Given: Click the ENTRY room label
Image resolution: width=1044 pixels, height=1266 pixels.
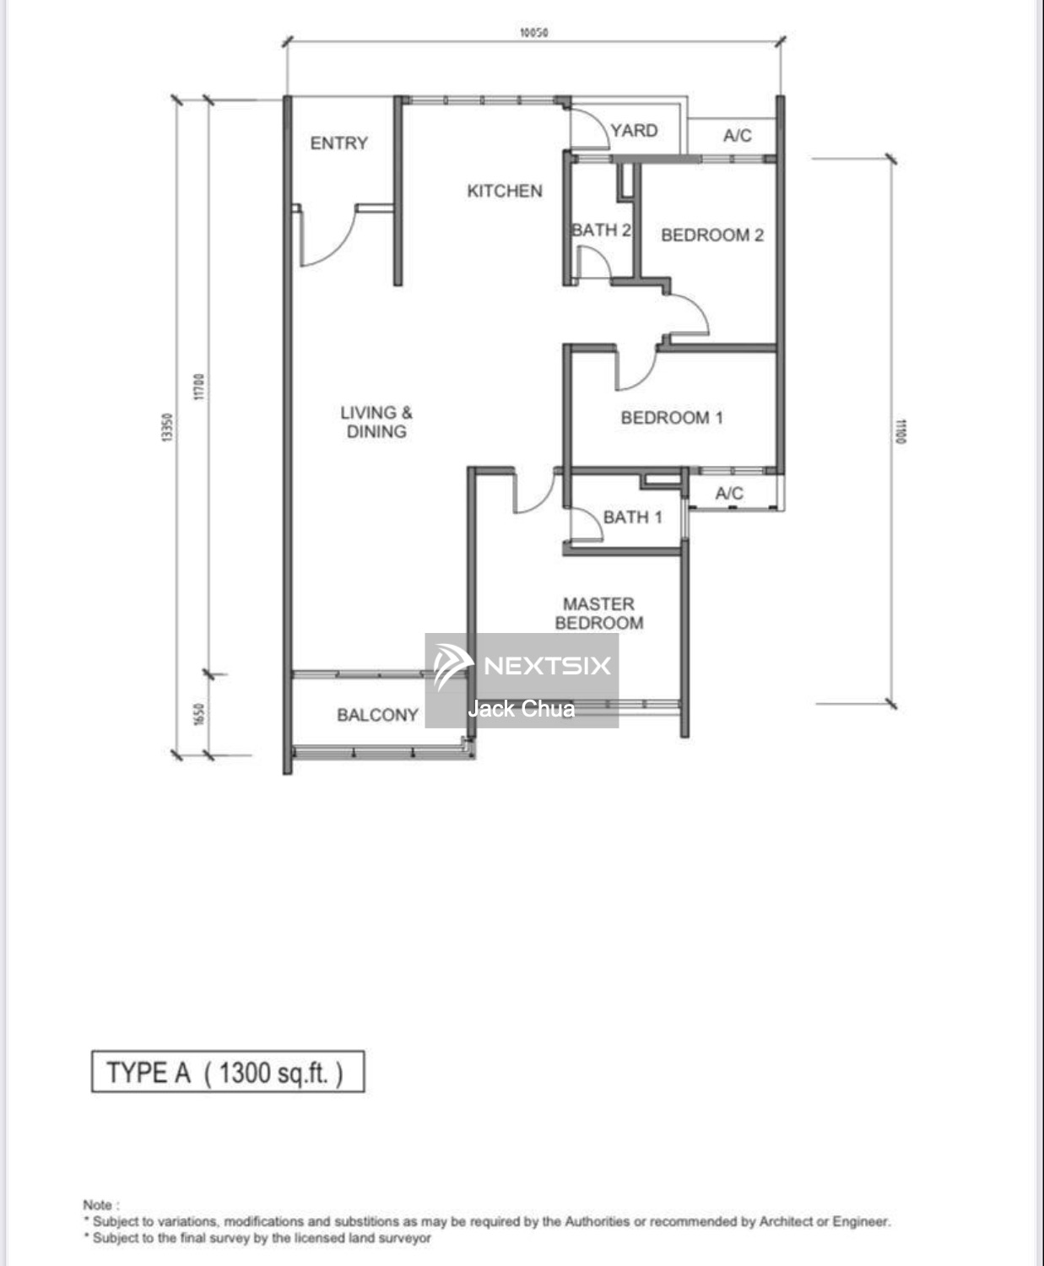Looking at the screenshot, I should click(x=338, y=143).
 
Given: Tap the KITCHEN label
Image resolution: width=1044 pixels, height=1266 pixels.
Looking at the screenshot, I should click(x=505, y=191).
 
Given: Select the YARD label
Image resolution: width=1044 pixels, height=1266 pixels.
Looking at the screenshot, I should click(x=634, y=131).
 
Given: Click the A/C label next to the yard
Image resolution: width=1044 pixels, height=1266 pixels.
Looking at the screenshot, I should click(x=737, y=136).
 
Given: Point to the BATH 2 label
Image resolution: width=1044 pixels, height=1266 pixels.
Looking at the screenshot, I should click(x=601, y=230).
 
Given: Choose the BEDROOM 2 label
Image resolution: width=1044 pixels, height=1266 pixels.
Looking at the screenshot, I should click(x=711, y=235).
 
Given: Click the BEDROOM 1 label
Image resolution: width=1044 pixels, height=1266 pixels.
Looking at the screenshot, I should click(x=671, y=418).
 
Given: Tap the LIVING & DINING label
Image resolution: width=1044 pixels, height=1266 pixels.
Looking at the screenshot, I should click(x=376, y=422).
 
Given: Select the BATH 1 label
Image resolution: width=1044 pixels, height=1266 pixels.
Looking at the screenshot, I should click(x=632, y=517).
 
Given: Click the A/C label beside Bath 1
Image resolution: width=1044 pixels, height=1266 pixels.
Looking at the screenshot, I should click(x=729, y=494).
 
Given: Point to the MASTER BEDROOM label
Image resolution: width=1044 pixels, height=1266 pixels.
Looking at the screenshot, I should click(x=598, y=614).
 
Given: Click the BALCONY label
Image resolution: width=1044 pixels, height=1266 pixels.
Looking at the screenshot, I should click(x=377, y=715).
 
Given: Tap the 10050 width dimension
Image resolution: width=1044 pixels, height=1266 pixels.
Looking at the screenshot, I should click(x=533, y=33).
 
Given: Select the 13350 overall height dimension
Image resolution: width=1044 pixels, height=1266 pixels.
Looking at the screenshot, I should click(x=168, y=427).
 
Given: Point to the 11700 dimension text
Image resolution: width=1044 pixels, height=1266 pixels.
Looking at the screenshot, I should click(x=199, y=386).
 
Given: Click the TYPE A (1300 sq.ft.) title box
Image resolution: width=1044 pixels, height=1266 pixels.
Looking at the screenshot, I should click(x=228, y=1072).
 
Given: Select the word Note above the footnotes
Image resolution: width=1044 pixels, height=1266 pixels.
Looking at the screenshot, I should click(x=100, y=1204).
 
